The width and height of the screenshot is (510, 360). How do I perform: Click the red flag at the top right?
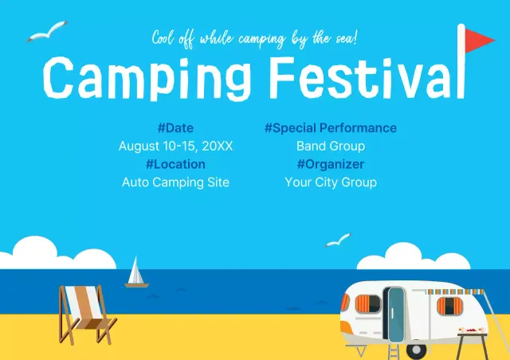pyautogui.click(x=478, y=37)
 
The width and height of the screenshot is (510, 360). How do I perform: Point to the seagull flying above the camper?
pyautogui.click(x=338, y=240)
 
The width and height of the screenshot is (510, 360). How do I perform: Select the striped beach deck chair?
pyautogui.click(x=84, y=314)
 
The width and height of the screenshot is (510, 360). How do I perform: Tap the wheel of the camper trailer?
pyautogui.click(x=415, y=349)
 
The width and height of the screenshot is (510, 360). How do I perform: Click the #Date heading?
pyautogui.click(x=175, y=127)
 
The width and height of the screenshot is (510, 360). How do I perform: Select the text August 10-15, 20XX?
pyautogui.click(x=175, y=146)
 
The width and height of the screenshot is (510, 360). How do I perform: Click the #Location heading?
pyautogui.click(x=175, y=164)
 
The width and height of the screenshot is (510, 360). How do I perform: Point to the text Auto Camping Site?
pyautogui.click(x=175, y=182)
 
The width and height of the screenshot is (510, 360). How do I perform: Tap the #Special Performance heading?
pyautogui.click(x=330, y=127)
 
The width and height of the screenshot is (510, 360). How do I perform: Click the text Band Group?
pyautogui.click(x=330, y=146)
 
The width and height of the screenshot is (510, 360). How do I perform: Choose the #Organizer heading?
pyautogui.click(x=330, y=164)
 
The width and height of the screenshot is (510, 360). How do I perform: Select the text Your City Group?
pyautogui.click(x=330, y=182)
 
